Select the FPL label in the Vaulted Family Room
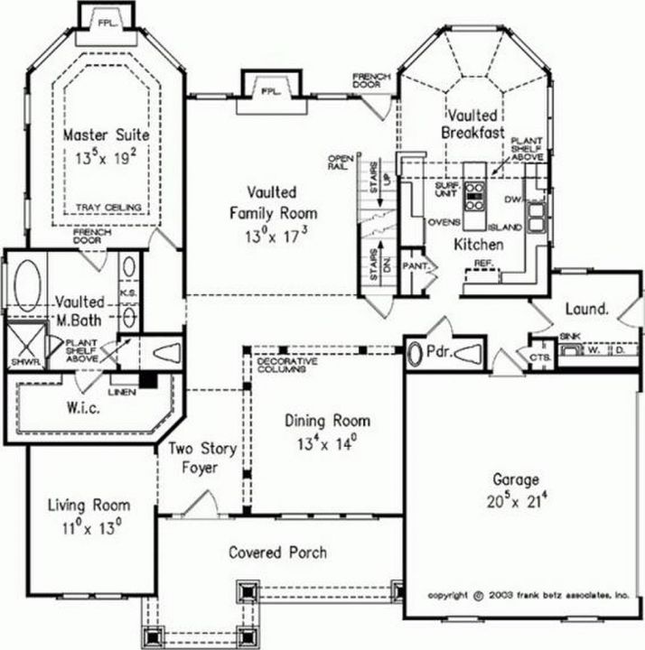click(269, 91)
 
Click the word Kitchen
click(479, 244)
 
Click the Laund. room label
click(587, 309)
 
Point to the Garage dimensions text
click(516, 497)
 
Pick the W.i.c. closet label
click(80, 409)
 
